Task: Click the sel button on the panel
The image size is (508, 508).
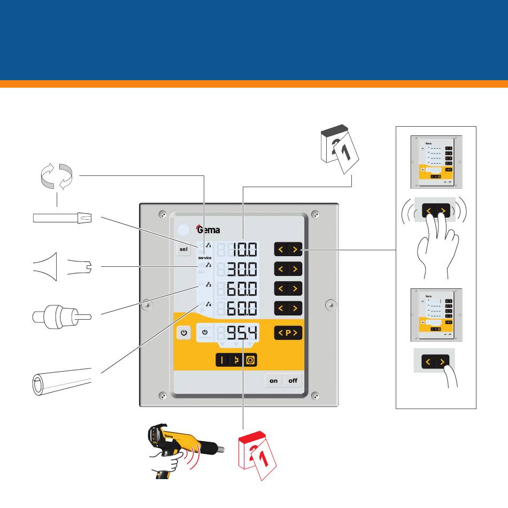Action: [184, 249]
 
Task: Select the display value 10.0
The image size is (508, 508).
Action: [244, 250]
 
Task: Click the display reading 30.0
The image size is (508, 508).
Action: [244, 269]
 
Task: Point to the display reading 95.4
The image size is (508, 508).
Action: [242, 333]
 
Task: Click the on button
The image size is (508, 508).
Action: [274, 381]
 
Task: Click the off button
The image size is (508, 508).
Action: [293, 381]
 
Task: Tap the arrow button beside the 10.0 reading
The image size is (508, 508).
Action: [288, 249]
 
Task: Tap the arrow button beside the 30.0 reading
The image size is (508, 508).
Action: [288, 269]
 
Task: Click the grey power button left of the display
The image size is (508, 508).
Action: [184, 333]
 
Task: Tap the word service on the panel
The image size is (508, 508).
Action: [205, 258]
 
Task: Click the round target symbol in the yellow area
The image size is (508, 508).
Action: [251, 360]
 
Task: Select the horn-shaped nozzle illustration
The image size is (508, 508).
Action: [51, 266]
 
